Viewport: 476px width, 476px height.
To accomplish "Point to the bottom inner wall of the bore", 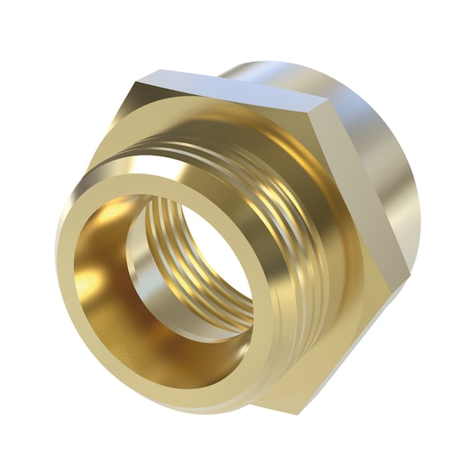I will point(165,355).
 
